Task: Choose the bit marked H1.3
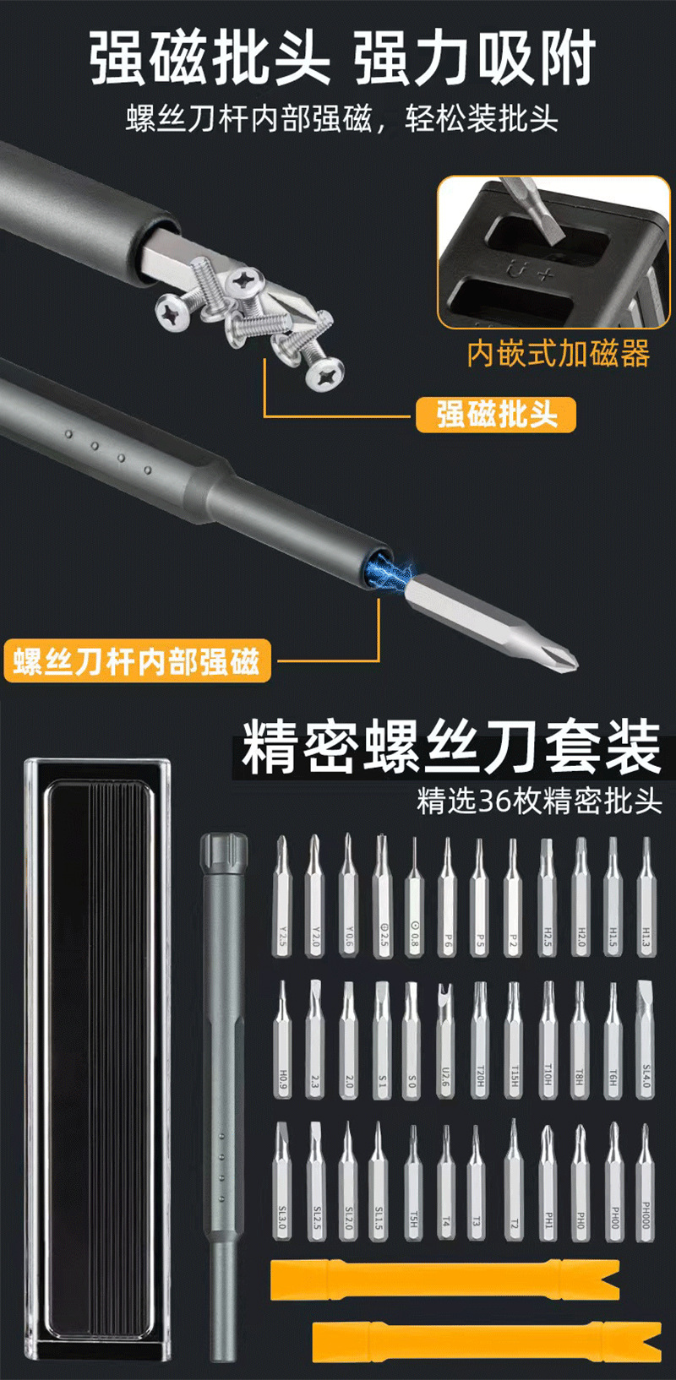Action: pyautogui.click(x=646, y=899)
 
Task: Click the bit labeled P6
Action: pyautogui.click(x=446, y=899)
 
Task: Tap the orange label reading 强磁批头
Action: pyautogui.click(x=495, y=415)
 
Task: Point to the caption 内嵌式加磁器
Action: pyautogui.click(x=559, y=353)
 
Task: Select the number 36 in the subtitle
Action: pyautogui.click(x=494, y=801)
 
